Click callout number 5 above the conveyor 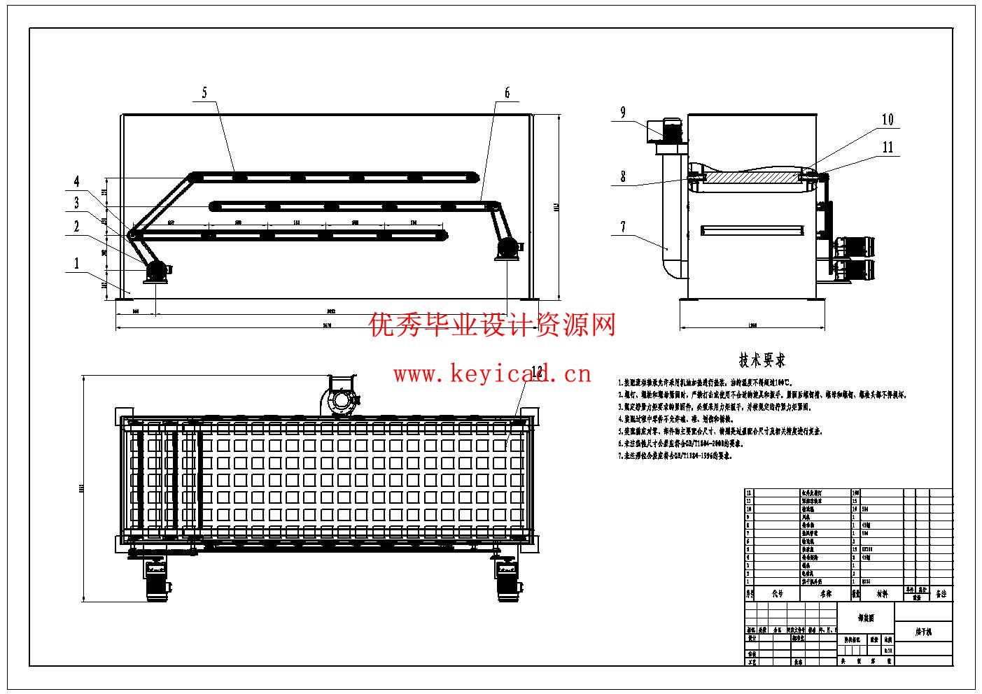click(x=204, y=92)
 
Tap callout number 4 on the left click(x=77, y=182)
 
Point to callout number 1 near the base click(x=76, y=264)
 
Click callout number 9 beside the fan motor click(x=622, y=113)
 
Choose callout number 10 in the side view click(x=888, y=120)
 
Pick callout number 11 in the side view click(x=888, y=147)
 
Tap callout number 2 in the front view click(x=76, y=226)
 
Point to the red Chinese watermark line click(x=493, y=325)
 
